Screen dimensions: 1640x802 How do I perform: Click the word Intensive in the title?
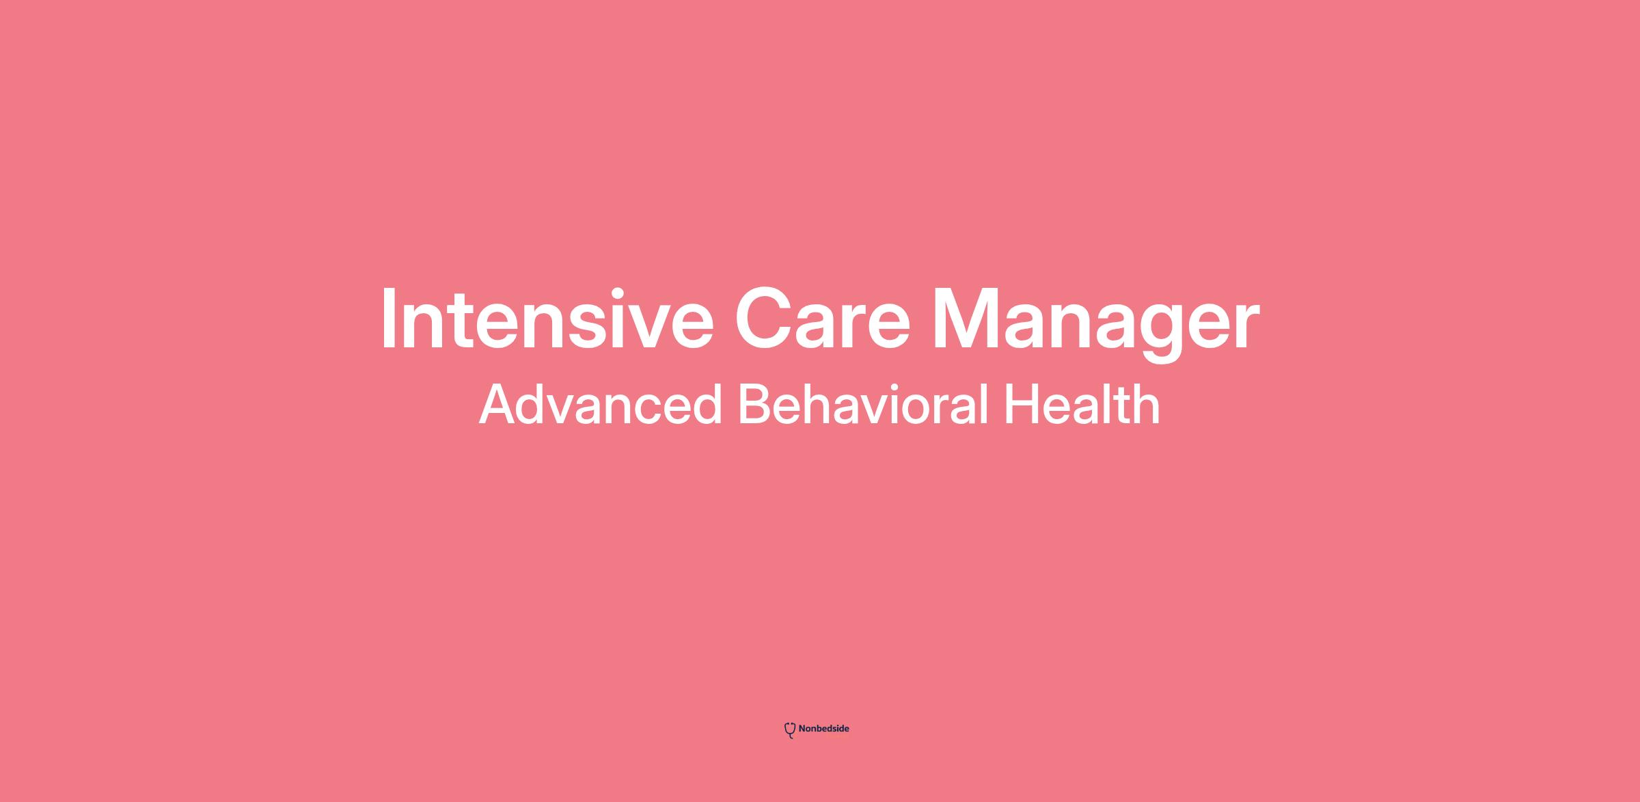point(547,319)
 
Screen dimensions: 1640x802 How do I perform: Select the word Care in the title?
point(823,319)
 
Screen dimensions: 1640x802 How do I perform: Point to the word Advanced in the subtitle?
point(601,404)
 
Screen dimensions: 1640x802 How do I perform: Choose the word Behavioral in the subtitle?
point(863,404)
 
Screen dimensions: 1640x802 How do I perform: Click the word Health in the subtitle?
point(1082,404)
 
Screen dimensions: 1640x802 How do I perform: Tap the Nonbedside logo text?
point(823,729)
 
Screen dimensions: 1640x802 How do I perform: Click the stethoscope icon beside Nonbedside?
point(790,730)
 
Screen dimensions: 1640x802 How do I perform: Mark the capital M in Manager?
point(966,319)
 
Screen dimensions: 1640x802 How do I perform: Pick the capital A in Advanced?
point(498,404)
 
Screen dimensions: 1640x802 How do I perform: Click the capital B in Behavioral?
point(754,404)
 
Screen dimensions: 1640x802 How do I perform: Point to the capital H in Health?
point(1020,404)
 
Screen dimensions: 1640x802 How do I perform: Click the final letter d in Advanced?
point(708,404)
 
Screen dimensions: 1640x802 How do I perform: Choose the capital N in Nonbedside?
point(802,729)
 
